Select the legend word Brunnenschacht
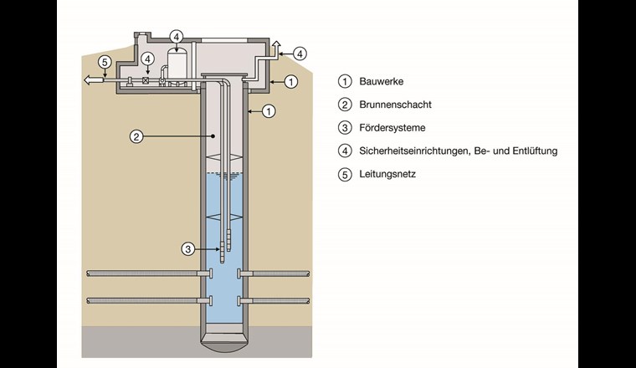coord(396,105)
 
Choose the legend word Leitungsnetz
coord(387,175)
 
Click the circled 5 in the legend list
coord(343,175)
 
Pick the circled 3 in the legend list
coord(343,128)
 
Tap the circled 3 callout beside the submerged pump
coord(190,248)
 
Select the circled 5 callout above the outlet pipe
coord(105,61)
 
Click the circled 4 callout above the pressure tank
coord(176,36)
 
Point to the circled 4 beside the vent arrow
coord(300,52)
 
